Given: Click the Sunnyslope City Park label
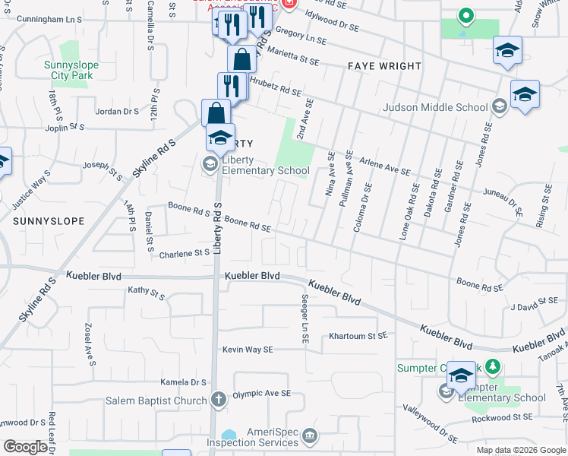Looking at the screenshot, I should point(68,71).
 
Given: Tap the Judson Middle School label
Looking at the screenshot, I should point(436,107).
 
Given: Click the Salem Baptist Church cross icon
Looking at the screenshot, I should point(219,399).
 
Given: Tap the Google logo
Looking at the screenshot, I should point(25,447).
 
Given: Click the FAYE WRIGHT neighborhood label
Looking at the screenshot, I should point(384,66).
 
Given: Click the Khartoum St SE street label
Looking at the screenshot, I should point(358,335).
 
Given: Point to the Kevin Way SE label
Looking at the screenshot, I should point(247,350).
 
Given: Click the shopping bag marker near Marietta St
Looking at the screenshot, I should point(241,60).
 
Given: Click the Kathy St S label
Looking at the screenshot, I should point(147,291).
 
